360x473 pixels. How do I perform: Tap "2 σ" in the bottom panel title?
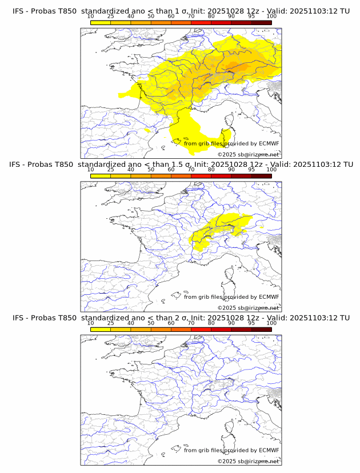tap(185, 318)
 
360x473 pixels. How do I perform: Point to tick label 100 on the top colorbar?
tap(271, 16)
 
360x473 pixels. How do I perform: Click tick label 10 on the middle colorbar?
tap(91, 169)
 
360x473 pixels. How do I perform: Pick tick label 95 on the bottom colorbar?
tap(251, 322)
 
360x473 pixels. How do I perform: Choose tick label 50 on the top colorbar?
tap(151, 16)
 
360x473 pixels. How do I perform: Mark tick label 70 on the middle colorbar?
tap(191, 169)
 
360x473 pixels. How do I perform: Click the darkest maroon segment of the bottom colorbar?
tap(261, 329)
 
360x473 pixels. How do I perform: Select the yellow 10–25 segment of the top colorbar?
tap(101, 23)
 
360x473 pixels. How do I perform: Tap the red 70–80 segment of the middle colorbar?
tap(201, 176)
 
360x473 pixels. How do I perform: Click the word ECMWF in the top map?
tap(269, 143)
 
